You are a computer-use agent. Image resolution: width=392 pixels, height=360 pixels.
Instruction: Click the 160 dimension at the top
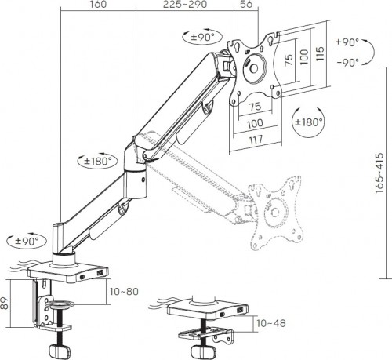98,5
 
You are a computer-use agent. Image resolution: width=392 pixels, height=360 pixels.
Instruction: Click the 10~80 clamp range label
125,293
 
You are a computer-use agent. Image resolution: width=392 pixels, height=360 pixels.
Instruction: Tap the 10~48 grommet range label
271,322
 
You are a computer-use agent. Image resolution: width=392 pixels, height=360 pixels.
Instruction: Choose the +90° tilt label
347,42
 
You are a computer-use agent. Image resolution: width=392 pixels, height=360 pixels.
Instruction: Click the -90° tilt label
347,62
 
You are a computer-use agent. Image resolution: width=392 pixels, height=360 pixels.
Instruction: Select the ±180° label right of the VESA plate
309,123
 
